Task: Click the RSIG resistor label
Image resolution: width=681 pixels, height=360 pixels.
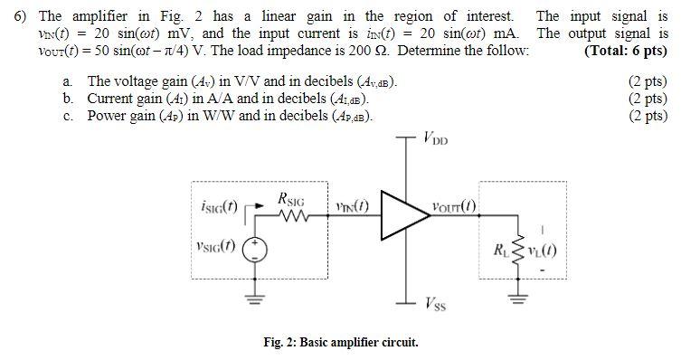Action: [x=292, y=197]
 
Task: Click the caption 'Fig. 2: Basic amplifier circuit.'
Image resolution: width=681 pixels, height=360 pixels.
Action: [x=340, y=343]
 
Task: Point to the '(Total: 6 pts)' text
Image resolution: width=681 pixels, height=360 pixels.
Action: [x=626, y=51]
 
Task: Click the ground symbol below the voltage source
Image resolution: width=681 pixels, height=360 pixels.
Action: [x=256, y=301]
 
